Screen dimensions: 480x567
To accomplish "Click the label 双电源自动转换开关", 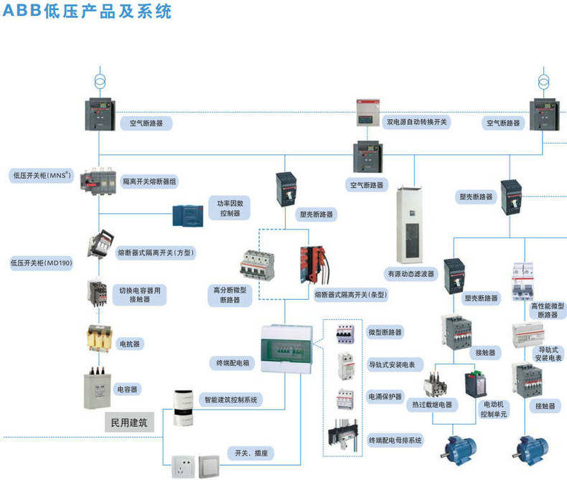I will click(x=417, y=123).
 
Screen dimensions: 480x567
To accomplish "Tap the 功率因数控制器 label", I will click(x=230, y=208).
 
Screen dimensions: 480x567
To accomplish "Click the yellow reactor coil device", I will click(x=99, y=338).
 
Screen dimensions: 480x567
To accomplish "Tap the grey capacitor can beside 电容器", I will click(x=98, y=388).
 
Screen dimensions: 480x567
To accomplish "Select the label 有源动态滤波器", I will click(x=411, y=273).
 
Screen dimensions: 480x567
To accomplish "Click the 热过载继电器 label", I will click(x=431, y=405).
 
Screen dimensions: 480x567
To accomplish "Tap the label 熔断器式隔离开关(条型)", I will click(x=351, y=294).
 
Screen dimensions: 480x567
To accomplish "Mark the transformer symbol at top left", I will click(x=99, y=80).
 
